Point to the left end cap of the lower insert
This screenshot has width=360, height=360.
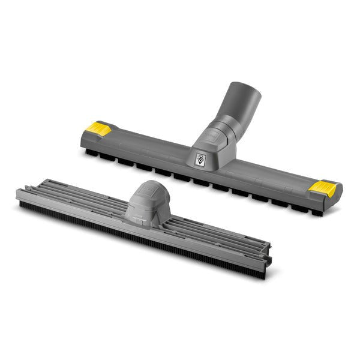click(x=21, y=194)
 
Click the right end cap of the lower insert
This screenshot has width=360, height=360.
click(x=268, y=255)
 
